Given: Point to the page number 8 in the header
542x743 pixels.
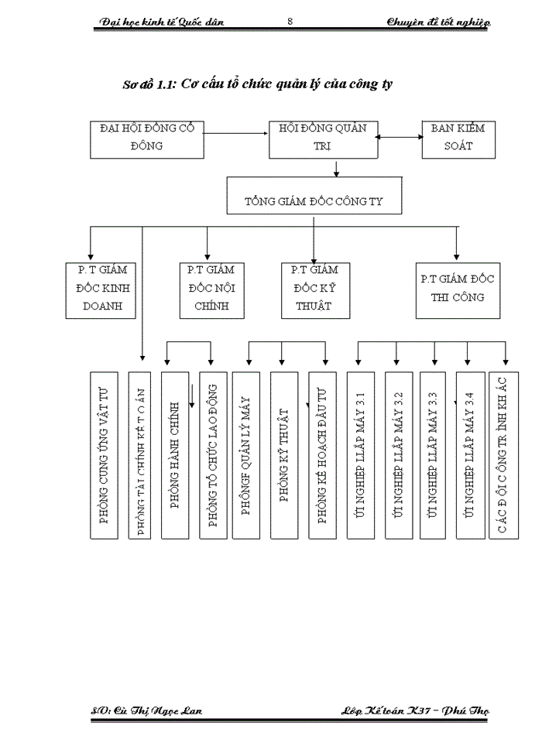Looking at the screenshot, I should click(290, 22).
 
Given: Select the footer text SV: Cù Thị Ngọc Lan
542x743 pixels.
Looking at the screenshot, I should click(146, 710).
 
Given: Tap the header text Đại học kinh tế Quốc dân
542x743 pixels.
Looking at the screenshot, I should click(163, 22).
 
